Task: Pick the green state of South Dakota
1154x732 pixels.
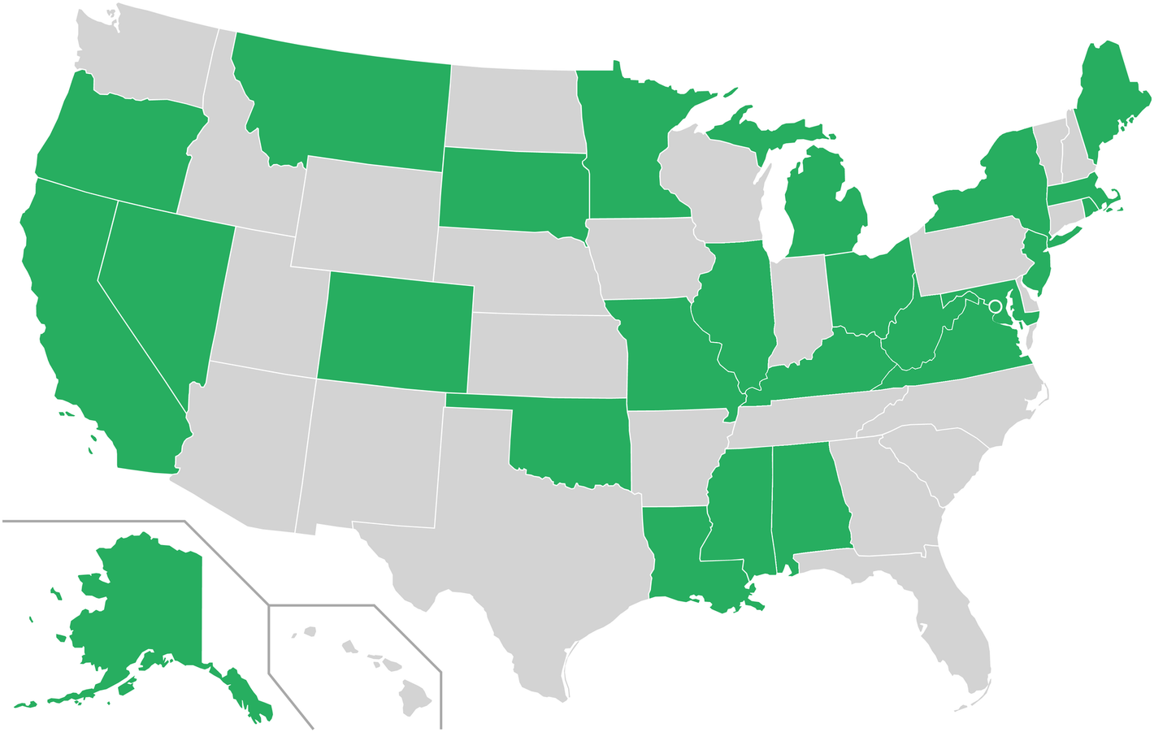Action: [512, 188]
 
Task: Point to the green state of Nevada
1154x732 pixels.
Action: [163, 284]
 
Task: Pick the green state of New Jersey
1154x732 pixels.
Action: [1036, 260]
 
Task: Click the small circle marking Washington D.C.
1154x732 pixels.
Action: [993, 306]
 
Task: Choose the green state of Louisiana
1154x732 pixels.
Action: [679, 552]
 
